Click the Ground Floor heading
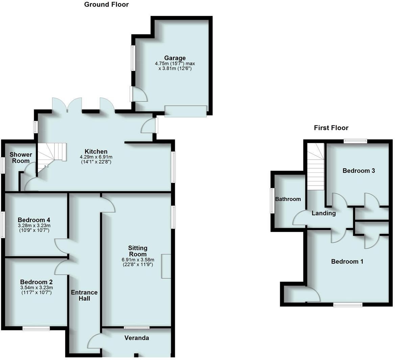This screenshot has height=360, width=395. point(106,4)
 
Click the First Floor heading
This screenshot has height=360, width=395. point(331,128)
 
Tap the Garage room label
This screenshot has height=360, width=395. point(175,58)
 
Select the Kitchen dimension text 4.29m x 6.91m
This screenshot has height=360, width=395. point(96,157)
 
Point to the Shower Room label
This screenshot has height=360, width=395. point(21,158)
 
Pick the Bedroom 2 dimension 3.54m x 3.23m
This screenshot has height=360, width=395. point(36,288)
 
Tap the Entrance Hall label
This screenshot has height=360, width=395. point(84,295)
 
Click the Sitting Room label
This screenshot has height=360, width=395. point(138,251)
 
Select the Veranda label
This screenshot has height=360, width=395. point(137,338)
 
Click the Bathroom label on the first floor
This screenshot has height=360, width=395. point(288,199)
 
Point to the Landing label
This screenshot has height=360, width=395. point(324,213)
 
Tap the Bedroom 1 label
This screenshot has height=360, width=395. point(347,261)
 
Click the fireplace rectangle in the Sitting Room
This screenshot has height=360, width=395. point(166,266)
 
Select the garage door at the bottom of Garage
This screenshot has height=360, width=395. point(186,111)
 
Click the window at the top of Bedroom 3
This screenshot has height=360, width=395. point(356,141)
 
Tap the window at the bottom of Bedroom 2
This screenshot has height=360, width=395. point(36,328)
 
